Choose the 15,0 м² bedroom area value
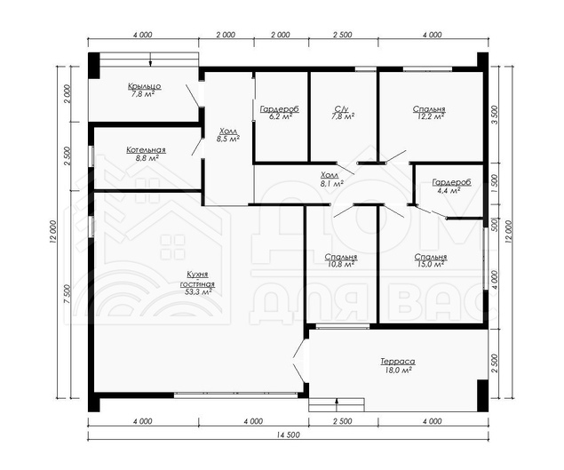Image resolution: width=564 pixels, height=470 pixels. click(x=431, y=264)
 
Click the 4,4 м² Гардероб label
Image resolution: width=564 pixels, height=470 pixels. click(x=451, y=186)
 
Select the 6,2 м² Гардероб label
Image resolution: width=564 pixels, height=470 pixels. click(x=280, y=112)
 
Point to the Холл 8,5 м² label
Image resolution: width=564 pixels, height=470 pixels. click(x=227, y=134)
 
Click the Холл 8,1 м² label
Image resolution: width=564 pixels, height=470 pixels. click(x=331, y=179)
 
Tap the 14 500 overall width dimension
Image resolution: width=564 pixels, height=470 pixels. click(x=288, y=434)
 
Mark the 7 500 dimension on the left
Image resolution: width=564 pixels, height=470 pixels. click(x=68, y=294)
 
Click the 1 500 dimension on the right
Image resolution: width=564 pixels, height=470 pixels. click(x=495, y=184)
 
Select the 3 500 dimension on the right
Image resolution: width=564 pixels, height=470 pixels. click(x=495, y=115)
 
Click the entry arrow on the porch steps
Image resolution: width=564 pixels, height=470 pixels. click(x=151, y=60)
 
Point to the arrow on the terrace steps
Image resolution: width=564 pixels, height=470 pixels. click(x=337, y=404)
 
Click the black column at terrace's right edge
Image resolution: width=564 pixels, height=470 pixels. click(x=482, y=395)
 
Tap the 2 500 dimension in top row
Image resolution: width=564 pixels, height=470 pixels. click(x=343, y=35)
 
